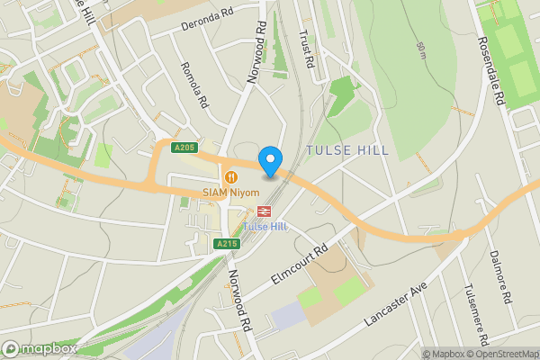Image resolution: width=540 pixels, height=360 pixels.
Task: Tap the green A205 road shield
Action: pyautogui.click(x=184, y=148)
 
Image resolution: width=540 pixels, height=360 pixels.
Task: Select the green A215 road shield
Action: pyautogui.click(x=226, y=244)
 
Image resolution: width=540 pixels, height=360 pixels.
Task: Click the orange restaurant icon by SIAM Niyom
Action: pyautogui.click(x=231, y=176)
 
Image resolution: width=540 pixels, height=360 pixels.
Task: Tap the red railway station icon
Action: pyautogui.click(x=265, y=211)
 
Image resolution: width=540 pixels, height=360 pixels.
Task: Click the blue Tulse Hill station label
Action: pyautogui.click(x=265, y=226)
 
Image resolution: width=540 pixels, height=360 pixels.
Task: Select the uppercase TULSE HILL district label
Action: pyautogui.click(x=346, y=150)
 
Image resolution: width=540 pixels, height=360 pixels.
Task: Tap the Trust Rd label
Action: pyautogui.click(x=306, y=49)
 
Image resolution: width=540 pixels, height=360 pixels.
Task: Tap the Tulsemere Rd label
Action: pyautogui.click(x=474, y=307)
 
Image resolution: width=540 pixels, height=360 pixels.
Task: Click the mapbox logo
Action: pyautogui.click(x=40, y=348)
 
